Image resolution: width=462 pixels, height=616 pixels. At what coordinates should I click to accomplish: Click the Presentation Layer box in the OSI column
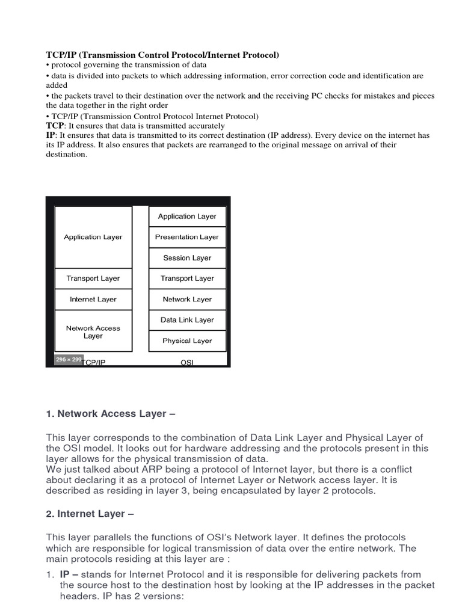coord(187,237)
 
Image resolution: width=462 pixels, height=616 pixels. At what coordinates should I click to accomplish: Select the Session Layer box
coord(187,258)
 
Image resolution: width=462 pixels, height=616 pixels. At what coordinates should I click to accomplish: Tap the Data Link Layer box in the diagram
coord(187,320)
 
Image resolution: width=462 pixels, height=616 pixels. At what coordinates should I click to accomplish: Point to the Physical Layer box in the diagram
coord(187,341)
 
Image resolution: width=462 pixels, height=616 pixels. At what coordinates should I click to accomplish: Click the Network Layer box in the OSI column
coord(187,300)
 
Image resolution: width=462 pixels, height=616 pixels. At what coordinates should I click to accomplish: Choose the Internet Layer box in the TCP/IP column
coord(93,300)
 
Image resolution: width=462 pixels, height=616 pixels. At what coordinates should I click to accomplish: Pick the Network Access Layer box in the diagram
coord(93,331)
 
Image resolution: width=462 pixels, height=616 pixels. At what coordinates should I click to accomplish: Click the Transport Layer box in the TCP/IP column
coord(93,279)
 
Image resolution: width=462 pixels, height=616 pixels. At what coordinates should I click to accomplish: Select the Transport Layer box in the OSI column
coord(187,279)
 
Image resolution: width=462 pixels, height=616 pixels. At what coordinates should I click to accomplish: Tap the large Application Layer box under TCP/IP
coord(93,237)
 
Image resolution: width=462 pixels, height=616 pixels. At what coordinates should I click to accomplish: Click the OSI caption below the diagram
coord(187,362)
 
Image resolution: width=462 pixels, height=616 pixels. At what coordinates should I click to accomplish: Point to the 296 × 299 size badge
coord(68,359)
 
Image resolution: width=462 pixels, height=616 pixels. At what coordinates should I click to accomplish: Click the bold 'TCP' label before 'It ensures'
coord(55,126)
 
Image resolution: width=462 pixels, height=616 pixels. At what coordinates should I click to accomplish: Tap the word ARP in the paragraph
coord(149,469)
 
